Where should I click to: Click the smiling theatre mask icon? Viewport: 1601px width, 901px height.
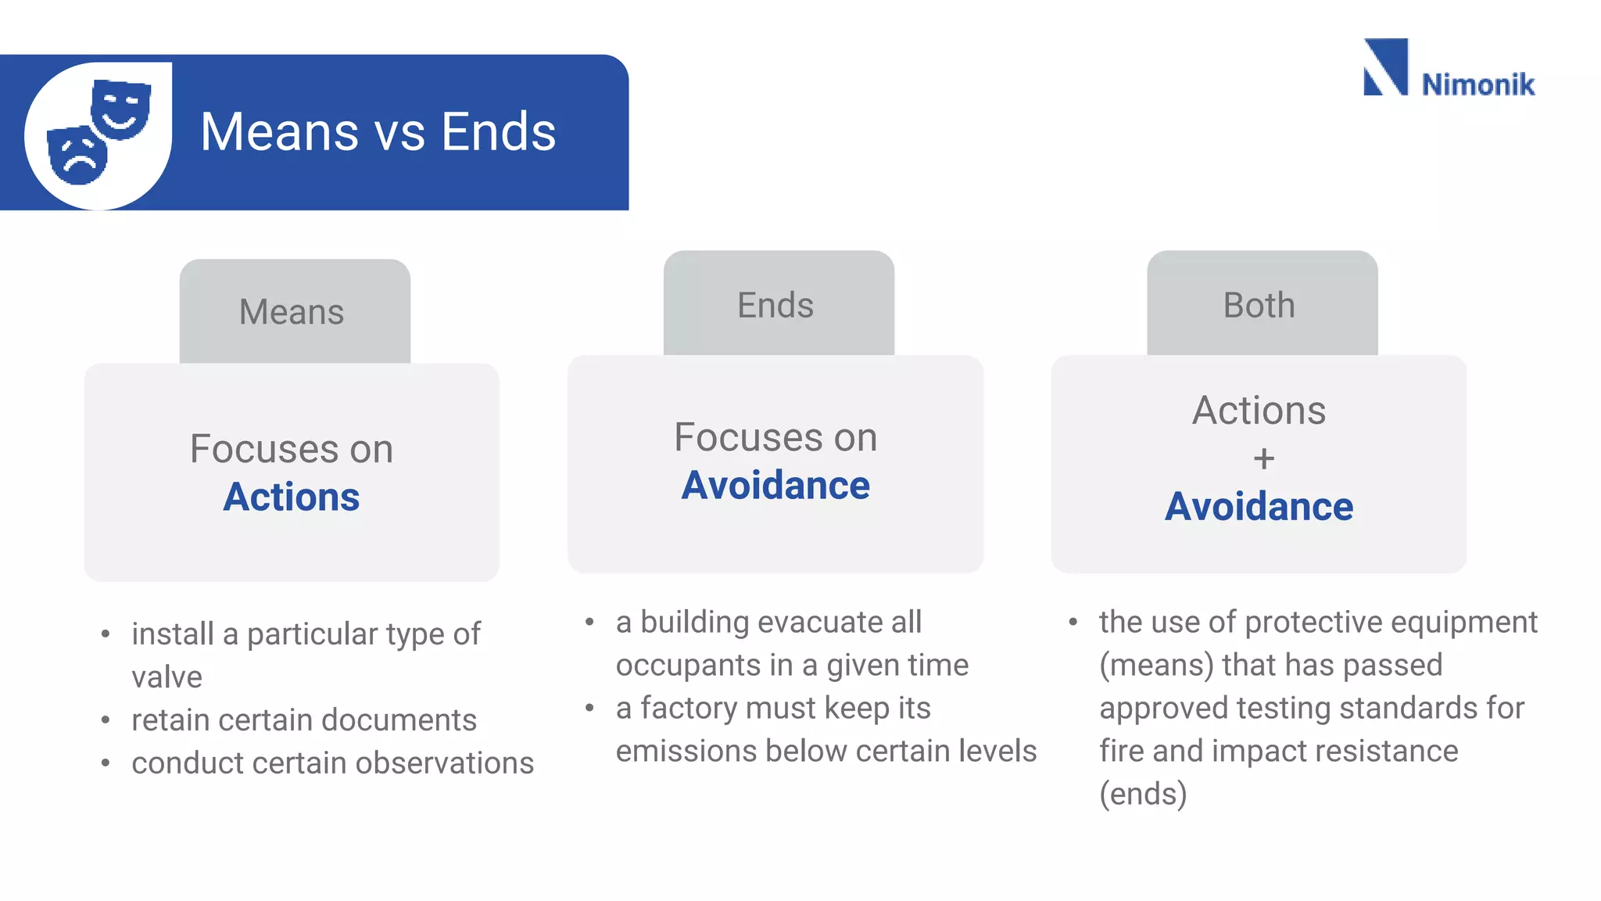tap(120, 109)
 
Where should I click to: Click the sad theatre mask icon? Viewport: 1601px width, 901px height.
tap(77, 155)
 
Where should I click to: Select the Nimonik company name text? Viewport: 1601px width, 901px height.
tap(1477, 84)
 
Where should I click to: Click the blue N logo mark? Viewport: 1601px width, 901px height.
tap(1385, 67)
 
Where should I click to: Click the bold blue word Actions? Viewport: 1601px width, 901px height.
tap(292, 497)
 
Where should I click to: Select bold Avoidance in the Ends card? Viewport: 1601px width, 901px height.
tap(775, 486)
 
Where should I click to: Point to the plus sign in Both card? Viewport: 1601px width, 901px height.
tap(1263, 458)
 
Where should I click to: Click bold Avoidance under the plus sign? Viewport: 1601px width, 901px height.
tap(1259, 507)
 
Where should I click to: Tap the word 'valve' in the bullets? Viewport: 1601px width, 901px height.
tap(167, 677)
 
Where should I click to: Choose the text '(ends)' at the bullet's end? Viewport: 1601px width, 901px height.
tap(1143, 795)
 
